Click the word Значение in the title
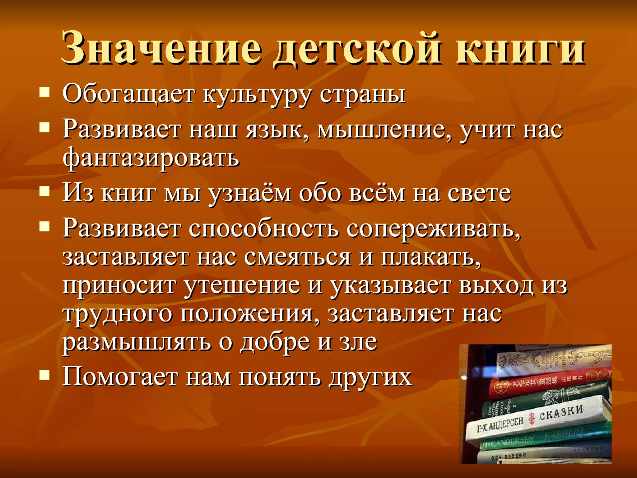pos(162,48)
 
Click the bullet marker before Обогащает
pos(45,92)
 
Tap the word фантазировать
pos(151,157)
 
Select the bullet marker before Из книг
pos(45,191)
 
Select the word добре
pos(276,342)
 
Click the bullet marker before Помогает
pos(45,375)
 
